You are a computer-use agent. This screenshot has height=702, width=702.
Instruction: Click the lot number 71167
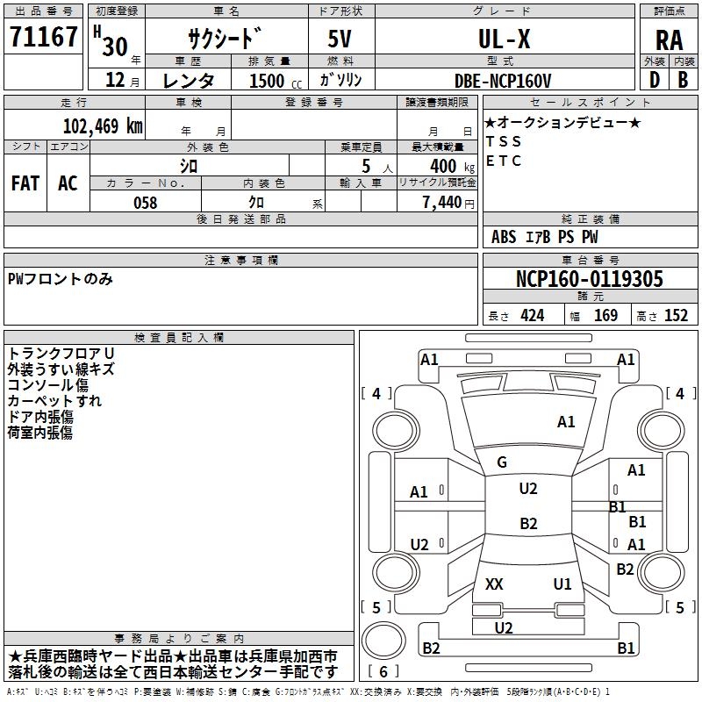tap(43, 36)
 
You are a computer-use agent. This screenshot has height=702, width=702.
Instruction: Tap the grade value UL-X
tap(504, 39)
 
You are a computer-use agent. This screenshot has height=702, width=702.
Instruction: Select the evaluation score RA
tap(669, 40)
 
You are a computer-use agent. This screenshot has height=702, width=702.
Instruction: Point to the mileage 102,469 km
tap(103, 126)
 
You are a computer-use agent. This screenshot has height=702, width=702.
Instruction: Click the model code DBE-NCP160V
tap(502, 81)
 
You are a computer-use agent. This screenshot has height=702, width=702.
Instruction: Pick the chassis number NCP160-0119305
tap(589, 279)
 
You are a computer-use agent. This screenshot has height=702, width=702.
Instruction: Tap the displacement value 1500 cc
tap(276, 81)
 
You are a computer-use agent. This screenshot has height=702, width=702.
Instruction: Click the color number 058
tap(145, 203)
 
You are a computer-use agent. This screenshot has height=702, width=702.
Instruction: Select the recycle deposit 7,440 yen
tap(448, 203)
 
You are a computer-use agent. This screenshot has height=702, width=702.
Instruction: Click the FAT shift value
tap(25, 183)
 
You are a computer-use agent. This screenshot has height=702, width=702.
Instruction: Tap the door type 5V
tap(340, 39)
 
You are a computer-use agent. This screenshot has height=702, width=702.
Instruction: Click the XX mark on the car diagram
tap(494, 584)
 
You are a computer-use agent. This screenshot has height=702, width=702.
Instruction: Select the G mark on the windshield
tap(502, 462)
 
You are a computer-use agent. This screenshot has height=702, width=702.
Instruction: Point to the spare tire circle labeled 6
tap(383, 641)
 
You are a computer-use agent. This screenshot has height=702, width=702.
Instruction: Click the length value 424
tap(533, 316)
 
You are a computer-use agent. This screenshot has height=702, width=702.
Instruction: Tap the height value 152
tap(676, 316)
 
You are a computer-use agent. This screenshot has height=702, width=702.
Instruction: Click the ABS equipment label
tap(504, 237)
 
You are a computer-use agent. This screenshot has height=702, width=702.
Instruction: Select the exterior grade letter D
tap(655, 80)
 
